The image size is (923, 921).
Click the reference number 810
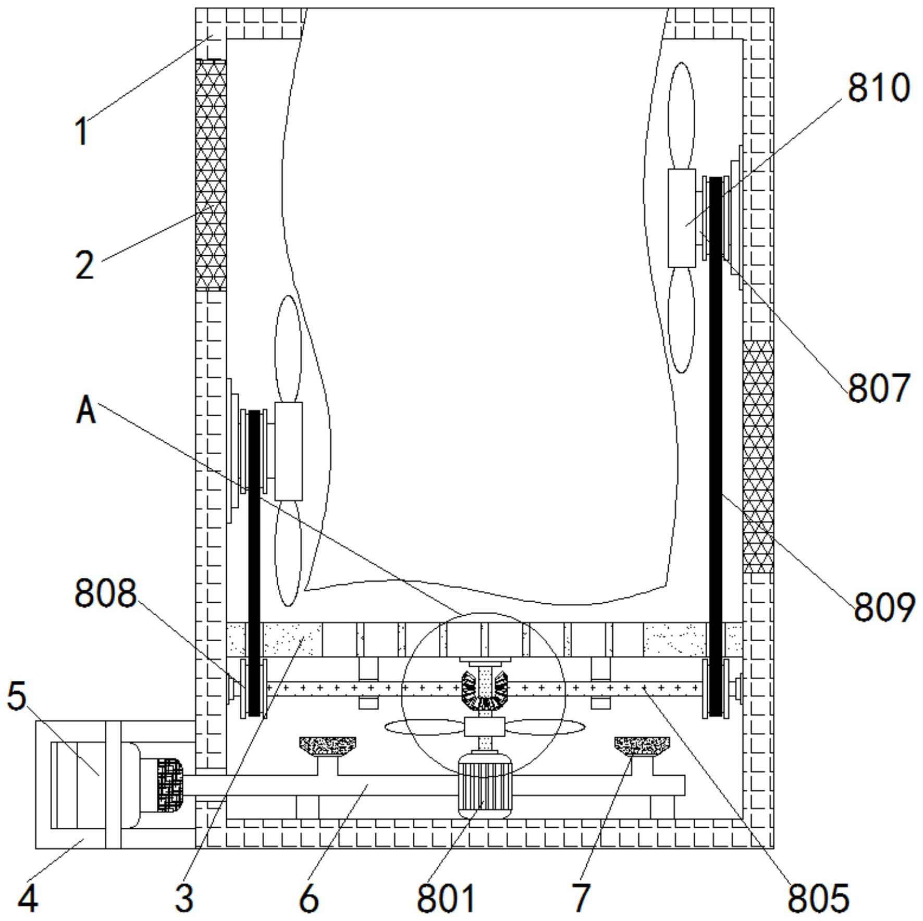879,87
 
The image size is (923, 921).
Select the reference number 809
884,607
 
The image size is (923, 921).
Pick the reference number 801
446,898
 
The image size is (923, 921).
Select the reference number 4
28,898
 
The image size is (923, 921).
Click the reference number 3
184,898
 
